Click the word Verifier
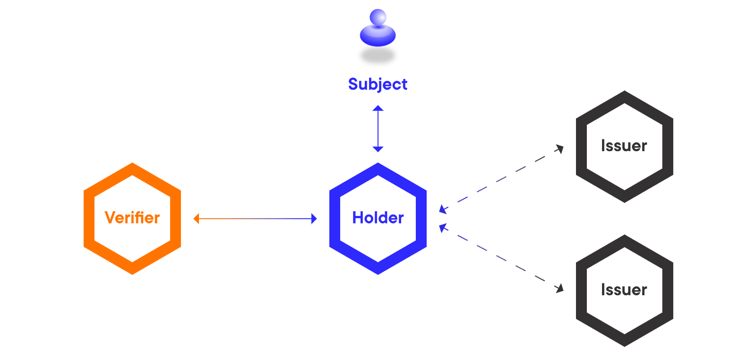pos(132,218)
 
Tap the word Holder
pos(378,218)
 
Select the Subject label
pos(378,84)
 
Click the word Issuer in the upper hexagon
pos(624,146)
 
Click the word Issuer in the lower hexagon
pos(624,290)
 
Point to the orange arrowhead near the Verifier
pos(197,219)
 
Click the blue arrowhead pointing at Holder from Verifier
pos(314,219)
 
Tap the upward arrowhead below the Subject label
pos(378,108)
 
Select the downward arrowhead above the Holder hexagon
pos(378,149)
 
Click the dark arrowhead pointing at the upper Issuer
pos(560,149)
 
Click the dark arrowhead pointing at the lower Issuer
pos(560,288)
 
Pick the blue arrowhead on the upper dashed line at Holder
pos(442,209)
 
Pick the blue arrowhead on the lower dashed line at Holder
pos(442,228)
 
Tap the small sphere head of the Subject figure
pos(378,17)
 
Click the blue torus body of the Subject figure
pos(378,35)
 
